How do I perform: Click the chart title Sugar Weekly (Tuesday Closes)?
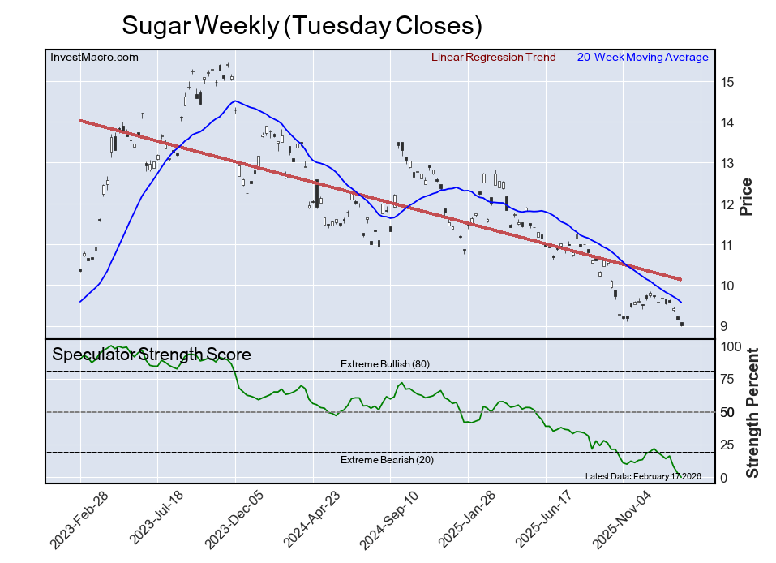click(302, 25)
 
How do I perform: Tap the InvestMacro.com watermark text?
click(94, 57)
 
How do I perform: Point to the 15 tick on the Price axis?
click(727, 83)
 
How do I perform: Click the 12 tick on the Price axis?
click(727, 204)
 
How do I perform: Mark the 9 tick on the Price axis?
click(724, 327)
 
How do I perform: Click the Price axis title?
click(747, 196)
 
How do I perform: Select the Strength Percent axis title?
click(752, 412)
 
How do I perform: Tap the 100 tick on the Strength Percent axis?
click(731, 346)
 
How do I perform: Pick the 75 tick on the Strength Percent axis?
click(728, 379)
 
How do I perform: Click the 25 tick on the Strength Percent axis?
click(728, 445)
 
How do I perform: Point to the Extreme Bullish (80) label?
click(385, 364)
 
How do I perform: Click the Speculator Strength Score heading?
click(152, 355)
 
